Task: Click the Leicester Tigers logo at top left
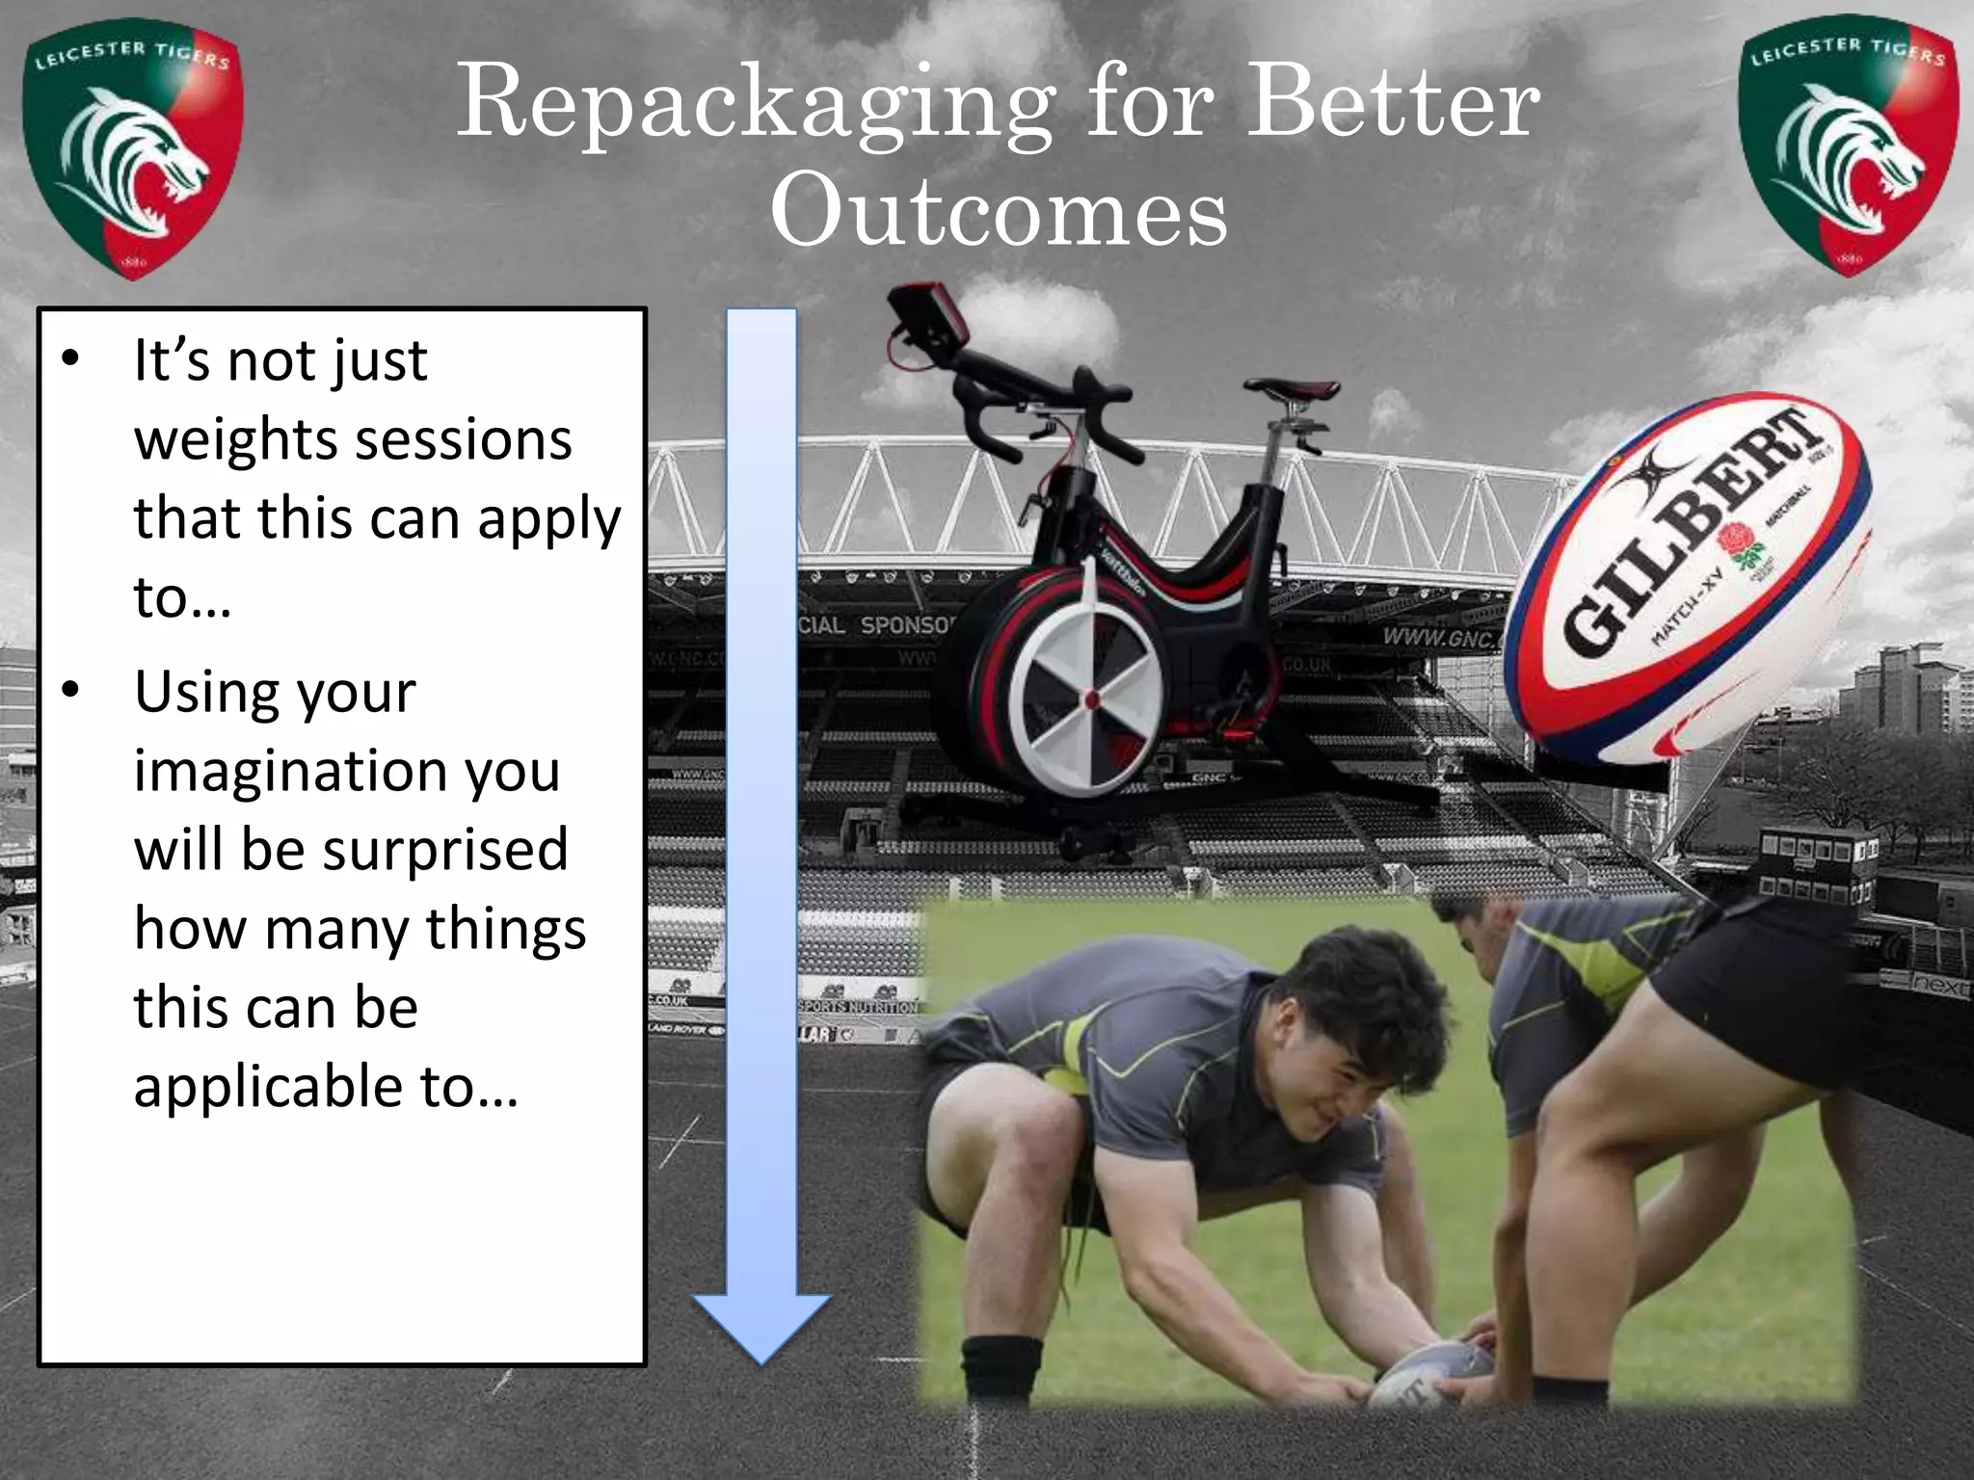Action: [132, 154]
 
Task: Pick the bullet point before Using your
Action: [70, 690]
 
